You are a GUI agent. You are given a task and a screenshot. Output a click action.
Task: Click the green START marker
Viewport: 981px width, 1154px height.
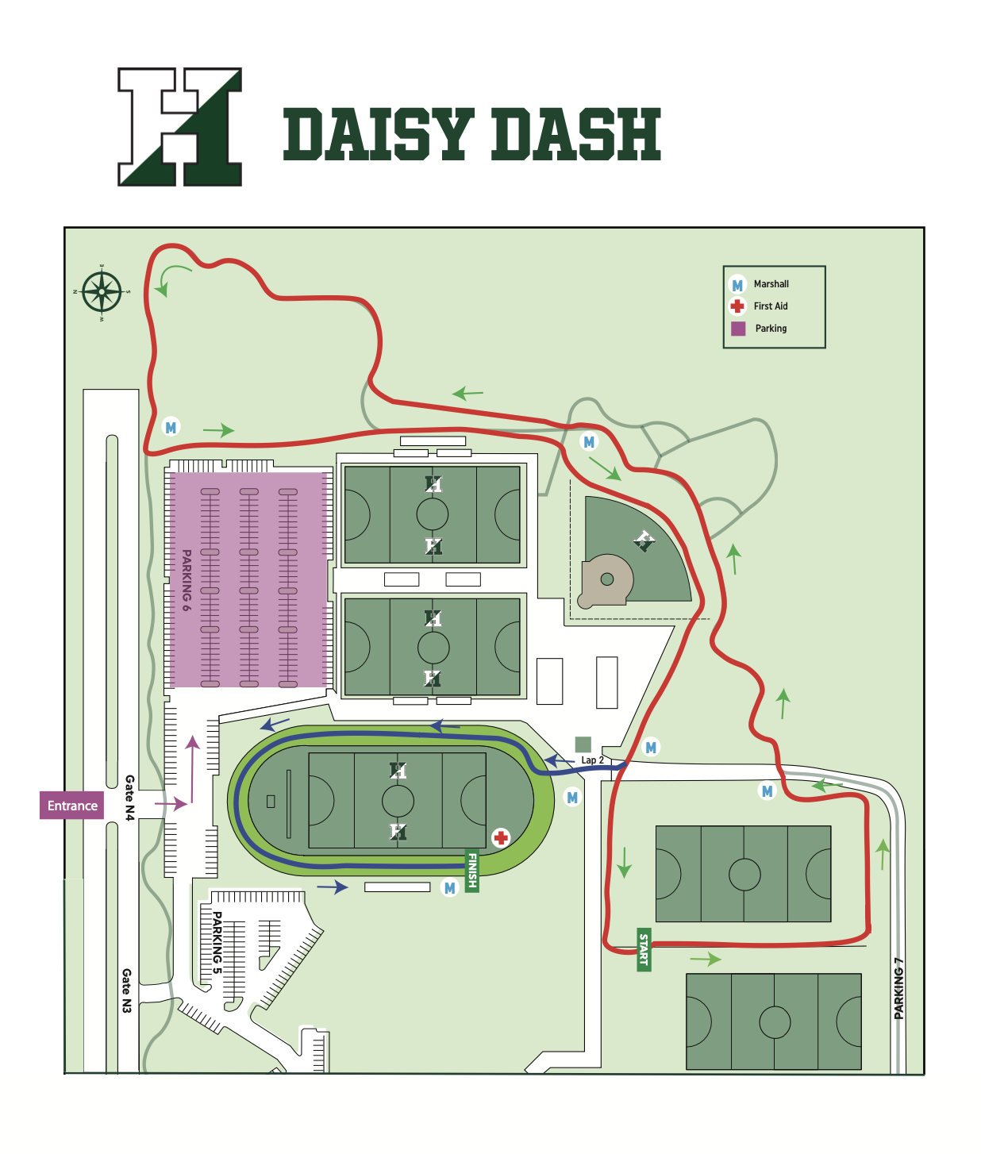pyautogui.click(x=644, y=949)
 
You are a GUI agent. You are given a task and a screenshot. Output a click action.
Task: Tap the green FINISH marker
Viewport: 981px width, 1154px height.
pyautogui.click(x=472, y=871)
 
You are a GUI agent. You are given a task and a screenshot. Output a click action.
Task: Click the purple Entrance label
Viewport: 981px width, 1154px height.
pyautogui.click(x=72, y=806)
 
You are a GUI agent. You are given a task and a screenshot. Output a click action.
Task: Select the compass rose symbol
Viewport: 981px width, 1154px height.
pyautogui.click(x=102, y=292)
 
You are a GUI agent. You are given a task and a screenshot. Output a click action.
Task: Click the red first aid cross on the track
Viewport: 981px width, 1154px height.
pyautogui.click(x=501, y=837)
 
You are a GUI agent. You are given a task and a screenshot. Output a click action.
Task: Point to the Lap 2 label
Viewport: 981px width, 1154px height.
pyautogui.click(x=592, y=760)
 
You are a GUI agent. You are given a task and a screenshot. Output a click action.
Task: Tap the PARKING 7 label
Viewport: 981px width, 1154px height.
pyautogui.click(x=898, y=988)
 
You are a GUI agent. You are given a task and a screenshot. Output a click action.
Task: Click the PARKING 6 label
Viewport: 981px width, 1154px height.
pyautogui.click(x=187, y=580)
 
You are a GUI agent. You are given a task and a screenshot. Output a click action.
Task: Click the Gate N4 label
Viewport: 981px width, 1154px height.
pyautogui.click(x=129, y=798)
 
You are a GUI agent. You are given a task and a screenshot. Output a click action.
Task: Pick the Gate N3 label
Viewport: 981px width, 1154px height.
pyautogui.click(x=127, y=991)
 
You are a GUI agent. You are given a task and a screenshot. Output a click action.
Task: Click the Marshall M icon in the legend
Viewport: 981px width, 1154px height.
pyautogui.click(x=737, y=285)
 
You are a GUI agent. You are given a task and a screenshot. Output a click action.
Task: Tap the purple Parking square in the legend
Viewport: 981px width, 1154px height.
pyautogui.click(x=738, y=329)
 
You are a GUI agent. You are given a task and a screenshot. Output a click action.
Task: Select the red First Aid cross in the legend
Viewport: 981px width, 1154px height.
pyautogui.click(x=737, y=306)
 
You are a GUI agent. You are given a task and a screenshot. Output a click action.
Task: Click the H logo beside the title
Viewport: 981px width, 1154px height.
pyautogui.click(x=179, y=127)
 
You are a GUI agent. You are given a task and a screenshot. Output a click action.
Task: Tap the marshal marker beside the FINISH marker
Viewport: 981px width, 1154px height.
pyautogui.click(x=450, y=888)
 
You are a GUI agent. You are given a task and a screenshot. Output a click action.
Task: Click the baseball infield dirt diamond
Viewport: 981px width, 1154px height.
pyautogui.click(x=606, y=579)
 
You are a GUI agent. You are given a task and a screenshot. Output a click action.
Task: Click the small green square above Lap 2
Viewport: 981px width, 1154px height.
pyautogui.click(x=583, y=744)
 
